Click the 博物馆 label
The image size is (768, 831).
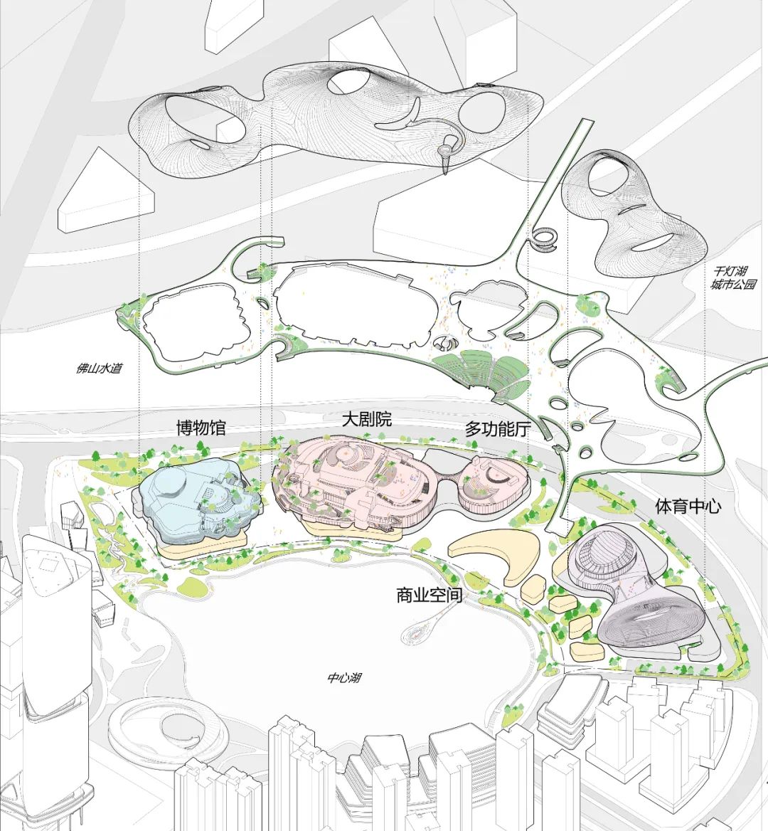point(201,428)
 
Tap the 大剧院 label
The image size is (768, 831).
point(366,420)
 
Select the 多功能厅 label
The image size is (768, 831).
point(497,429)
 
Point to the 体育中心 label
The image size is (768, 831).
point(688,506)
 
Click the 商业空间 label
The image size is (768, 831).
point(429,596)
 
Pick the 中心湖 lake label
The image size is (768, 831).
point(345,678)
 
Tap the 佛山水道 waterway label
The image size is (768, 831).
point(99,368)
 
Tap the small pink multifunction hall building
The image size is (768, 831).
point(493,485)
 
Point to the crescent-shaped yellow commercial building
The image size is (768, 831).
point(498,554)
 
